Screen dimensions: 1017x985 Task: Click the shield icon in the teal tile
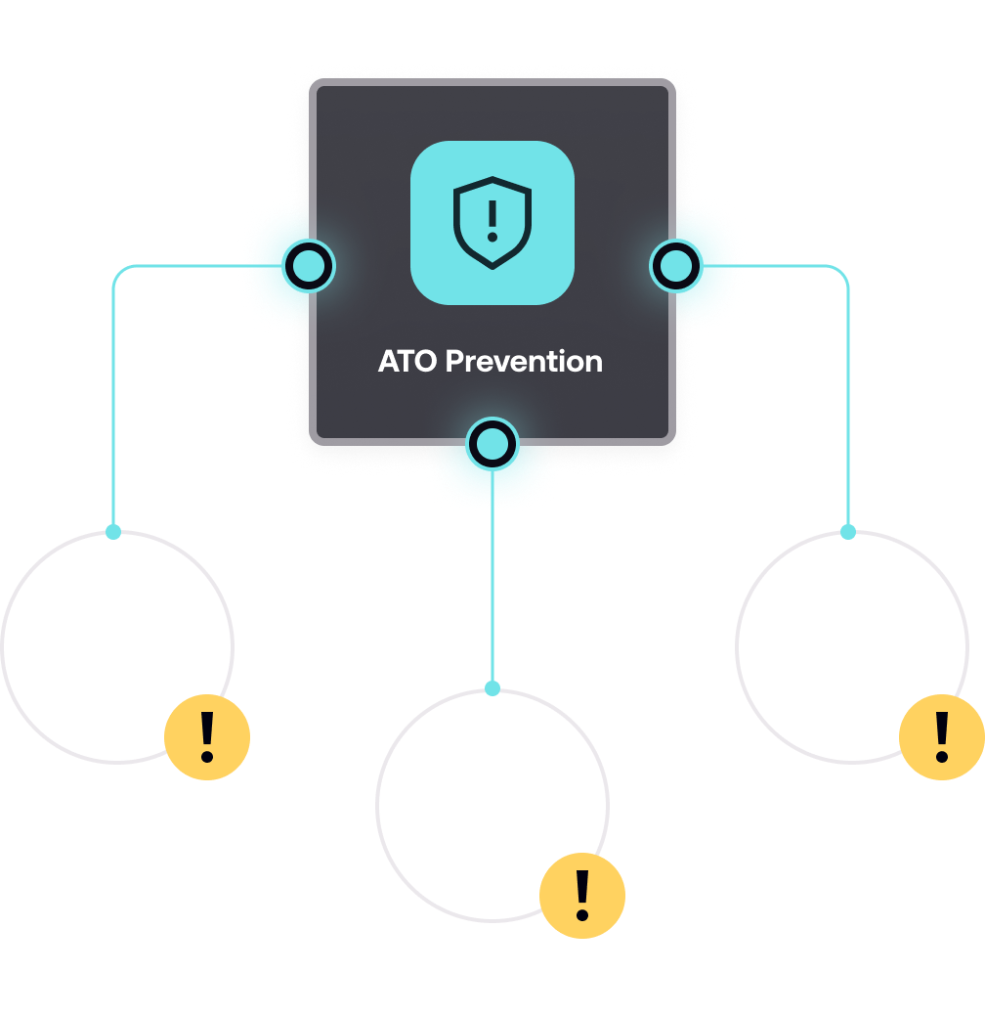point(492,222)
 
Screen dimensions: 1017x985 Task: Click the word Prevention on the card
point(524,362)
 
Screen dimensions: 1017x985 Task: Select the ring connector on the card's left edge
point(310,266)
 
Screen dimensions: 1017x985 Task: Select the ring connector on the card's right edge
point(675,266)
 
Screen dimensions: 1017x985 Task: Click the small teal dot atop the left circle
point(113,532)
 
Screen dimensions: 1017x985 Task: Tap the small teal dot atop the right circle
point(848,532)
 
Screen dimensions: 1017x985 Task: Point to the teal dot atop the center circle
point(492,688)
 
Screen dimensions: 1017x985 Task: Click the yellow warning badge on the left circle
point(207,737)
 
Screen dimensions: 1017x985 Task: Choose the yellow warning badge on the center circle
point(582,896)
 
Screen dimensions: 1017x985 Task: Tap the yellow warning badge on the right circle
point(941,737)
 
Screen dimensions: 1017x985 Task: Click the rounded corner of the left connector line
point(118,271)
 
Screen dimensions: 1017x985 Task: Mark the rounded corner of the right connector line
point(843,271)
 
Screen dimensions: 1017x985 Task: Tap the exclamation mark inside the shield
point(492,219)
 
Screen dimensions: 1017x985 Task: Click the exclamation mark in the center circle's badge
point(582,895)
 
